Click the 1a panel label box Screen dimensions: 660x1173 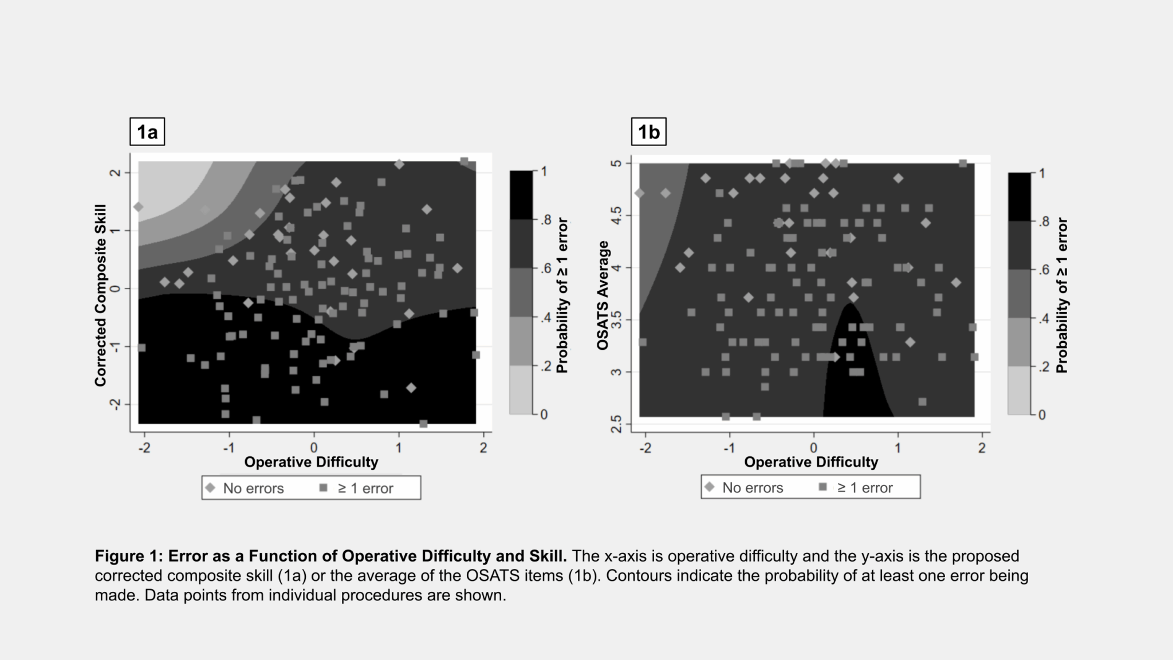(x=147, y=132)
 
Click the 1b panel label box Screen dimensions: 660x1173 (x=648, y=132)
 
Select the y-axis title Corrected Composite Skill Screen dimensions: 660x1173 (x=101, y=295)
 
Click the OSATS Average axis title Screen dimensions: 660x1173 (x=602, y=295)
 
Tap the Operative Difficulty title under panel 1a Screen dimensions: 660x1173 (x=311, y=462)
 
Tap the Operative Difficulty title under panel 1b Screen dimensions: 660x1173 (x=811, y=462)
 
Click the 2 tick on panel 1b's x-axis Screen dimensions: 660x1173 (x=982, y=448)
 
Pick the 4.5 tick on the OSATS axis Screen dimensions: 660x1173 (x=616, y=216)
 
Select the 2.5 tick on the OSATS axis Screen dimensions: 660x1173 (x=616, y=424)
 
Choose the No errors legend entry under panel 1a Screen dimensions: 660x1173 (x=245, y=488)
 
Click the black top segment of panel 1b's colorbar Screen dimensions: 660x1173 (x=1019, y=196)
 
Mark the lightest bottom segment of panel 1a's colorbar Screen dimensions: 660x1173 (x=521, y=389)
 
